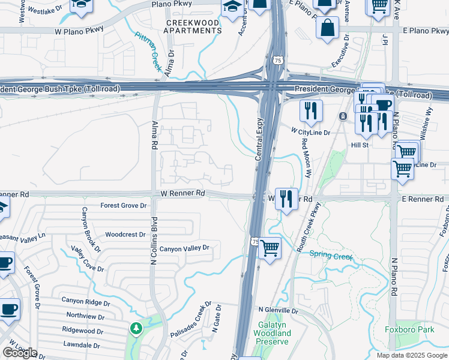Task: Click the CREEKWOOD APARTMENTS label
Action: click(193, 26)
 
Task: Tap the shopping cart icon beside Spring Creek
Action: click(270, 247)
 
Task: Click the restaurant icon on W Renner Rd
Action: click(286, 198)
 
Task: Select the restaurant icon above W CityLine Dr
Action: click(310, 110)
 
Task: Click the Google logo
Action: click(20, 353)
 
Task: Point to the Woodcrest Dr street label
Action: click(125, 235)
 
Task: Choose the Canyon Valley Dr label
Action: click(184, 248)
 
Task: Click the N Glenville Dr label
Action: click(278, 311)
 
